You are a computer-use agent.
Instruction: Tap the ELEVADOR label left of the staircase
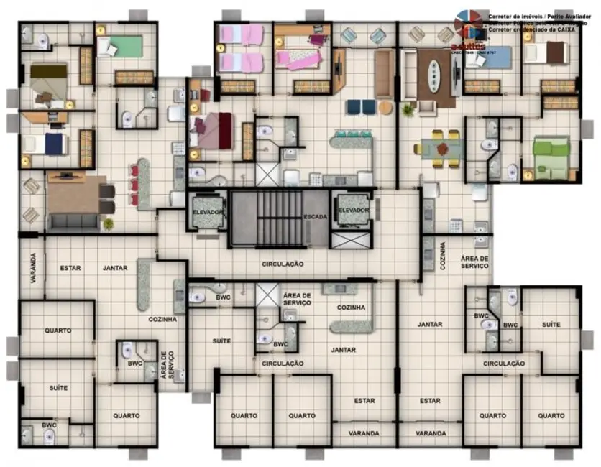point(208,212)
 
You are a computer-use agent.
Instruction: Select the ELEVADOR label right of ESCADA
point(353,210)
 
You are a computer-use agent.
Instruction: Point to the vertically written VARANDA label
point(33,269)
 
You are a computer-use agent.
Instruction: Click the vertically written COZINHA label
point(443,256)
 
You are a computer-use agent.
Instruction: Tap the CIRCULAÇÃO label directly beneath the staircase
point(282,264)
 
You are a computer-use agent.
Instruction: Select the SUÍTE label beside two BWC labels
point(551,325)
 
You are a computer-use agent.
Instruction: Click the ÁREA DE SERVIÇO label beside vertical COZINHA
point(474,262)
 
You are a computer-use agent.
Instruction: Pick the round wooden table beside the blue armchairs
point(386,107)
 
